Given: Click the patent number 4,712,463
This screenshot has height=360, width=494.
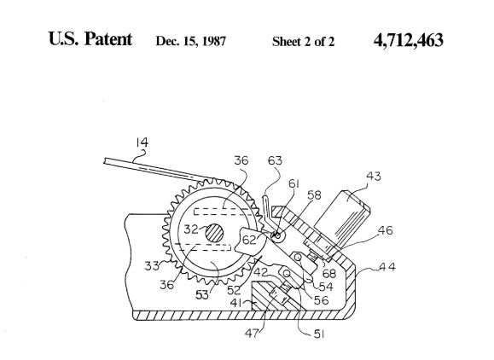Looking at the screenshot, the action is (409, 40).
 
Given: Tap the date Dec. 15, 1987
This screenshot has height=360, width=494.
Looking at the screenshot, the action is (191, 41).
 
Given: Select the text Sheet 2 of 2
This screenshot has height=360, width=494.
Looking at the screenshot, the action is (303, 42).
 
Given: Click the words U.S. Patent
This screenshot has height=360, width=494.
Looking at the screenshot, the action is (90, 39).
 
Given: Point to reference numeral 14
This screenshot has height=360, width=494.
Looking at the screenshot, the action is (142, 142).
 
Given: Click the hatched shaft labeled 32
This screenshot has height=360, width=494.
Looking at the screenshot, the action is (214, 234).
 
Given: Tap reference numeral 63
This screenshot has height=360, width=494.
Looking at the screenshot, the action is (275, 160).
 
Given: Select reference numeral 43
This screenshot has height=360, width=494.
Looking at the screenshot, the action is (374, 176).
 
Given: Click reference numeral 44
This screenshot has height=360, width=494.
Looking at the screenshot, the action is (387, 267).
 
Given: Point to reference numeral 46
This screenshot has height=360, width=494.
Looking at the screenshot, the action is (385, 230).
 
